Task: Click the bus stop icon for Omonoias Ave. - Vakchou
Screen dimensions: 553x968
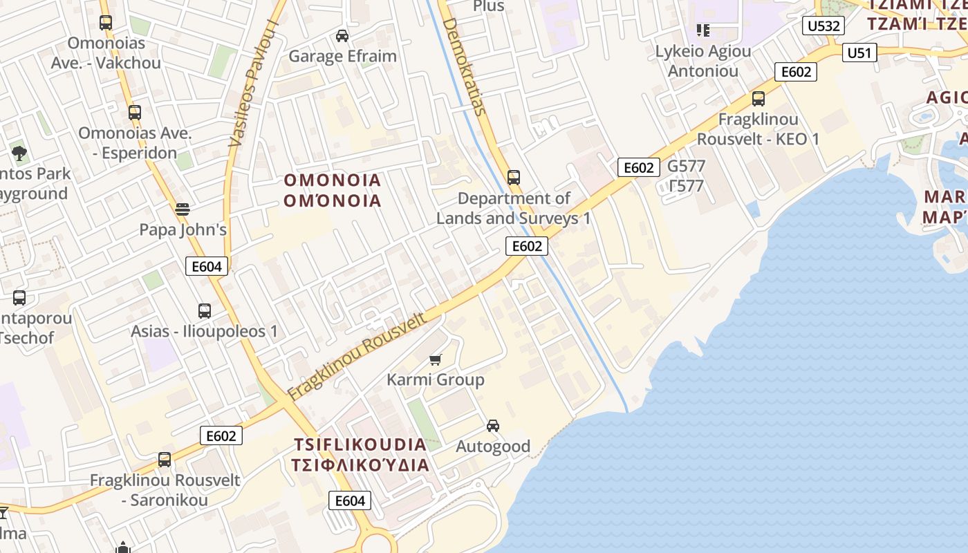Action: [x=105, y=23]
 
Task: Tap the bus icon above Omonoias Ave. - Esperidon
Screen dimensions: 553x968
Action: [x=134, y=112]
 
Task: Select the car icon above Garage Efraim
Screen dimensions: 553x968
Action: [x=342, y=35]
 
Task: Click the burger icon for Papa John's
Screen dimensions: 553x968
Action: [x=183, y=208]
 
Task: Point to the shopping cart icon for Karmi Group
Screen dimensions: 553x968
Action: [x=435, y=359]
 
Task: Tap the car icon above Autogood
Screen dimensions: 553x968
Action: [x=492, y=426]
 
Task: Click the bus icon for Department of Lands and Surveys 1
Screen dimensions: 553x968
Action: [x=513, y=178]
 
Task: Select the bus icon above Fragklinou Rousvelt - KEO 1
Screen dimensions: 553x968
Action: [x=758, y=99]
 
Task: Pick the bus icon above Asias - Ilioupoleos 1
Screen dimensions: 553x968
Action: [x=204, y=311]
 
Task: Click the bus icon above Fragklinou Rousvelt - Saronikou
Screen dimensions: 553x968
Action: [x=164, y=460]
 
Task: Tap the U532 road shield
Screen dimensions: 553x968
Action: [x=823, y=26]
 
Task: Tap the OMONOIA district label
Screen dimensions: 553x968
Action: [x=333, y=181]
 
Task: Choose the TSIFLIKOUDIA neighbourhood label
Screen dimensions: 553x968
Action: [x=360, y=444]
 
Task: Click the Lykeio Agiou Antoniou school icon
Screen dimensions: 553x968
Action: [x=702, y=30]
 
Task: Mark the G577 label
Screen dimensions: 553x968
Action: [x=686, y=166]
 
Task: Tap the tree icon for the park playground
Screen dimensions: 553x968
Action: [x=19, y=153]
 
